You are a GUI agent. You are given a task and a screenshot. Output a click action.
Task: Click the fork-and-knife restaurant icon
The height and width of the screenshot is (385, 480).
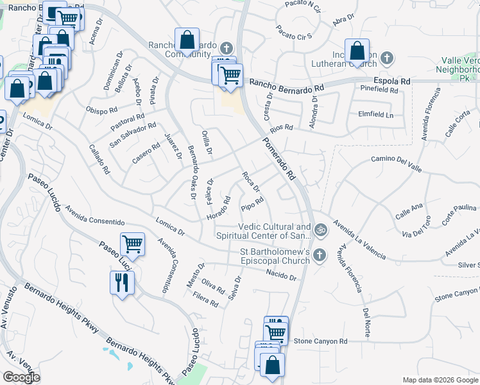point(122,282)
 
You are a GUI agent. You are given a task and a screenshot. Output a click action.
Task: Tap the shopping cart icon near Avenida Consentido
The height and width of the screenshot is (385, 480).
point(132,244)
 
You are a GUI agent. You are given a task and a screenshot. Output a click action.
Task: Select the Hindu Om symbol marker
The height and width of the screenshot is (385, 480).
point(320,228)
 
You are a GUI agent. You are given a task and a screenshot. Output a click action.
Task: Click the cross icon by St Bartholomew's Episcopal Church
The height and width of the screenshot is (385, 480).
point(320,255)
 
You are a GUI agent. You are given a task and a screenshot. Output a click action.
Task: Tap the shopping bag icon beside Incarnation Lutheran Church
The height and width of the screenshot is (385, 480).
point(357,51)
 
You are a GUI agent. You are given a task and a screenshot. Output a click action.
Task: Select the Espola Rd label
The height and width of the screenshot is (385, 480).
point(392,81)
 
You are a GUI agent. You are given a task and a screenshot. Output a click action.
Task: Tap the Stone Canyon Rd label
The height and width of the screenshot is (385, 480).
point(320,341)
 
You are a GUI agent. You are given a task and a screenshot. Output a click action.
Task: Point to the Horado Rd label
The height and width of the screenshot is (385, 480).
point(218,210)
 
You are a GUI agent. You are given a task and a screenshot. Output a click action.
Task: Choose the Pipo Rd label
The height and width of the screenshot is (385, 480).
point(252,205)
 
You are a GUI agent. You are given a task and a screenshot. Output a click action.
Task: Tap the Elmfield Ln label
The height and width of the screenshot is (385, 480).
point(375,115)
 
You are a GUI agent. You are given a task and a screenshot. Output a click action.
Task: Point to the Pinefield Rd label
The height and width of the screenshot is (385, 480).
point(379,89)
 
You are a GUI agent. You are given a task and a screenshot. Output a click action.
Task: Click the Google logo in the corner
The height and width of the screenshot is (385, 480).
point(22,377)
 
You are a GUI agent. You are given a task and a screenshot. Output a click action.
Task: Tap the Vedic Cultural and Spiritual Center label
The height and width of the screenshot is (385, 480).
point(275,231)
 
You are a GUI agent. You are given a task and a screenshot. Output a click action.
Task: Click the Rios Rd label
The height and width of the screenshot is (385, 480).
point(281,127)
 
